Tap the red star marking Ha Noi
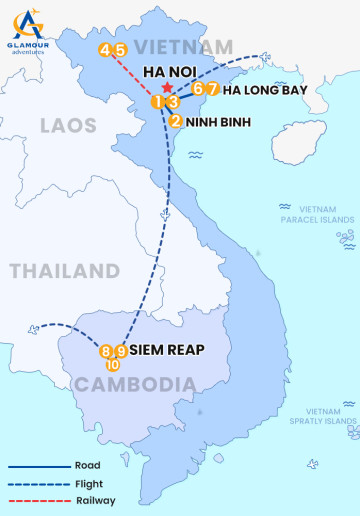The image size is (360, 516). tap(167, 88)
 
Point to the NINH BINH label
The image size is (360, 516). tap(213, 122)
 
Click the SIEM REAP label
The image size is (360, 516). tap(167, 351)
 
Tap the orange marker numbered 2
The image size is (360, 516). tap(176, 122)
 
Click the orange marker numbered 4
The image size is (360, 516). tap(105, 50)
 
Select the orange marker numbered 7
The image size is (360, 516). tap(212, 89)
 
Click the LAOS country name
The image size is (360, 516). tap(68, 126)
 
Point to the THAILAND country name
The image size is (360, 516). tap(64, 271)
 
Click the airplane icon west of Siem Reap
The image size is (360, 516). tap(37, 328)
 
